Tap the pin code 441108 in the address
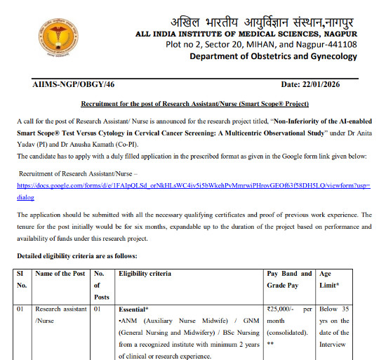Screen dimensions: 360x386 [340, 45]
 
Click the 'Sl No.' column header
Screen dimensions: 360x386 [22, 279]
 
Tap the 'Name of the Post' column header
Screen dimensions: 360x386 [61, 273]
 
